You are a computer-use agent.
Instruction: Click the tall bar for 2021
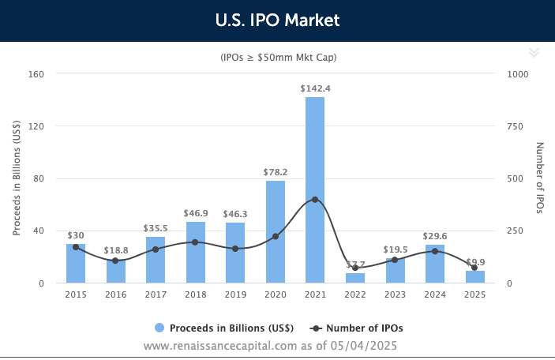315,189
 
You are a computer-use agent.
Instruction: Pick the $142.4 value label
315,88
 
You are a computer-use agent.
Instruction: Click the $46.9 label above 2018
196,213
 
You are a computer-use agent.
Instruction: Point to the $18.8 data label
116,250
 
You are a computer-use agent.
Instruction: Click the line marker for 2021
315,199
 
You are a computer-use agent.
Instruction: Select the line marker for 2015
76,247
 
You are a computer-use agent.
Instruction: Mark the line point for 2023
395,260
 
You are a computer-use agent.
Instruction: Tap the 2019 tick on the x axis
235,294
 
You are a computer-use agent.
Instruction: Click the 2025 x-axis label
474,294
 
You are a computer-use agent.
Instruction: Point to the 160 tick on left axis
36,73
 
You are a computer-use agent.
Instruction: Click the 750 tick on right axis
516,126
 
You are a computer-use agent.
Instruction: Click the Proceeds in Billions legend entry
224,328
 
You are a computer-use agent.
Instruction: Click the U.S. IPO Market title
277,20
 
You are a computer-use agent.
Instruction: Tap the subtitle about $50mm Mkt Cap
277,57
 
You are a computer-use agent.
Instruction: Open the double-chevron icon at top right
534,52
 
